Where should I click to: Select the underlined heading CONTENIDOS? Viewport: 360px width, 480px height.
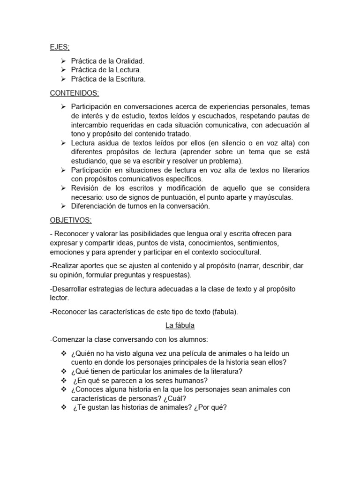click(75, 93)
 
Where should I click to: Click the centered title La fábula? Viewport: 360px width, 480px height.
click(180, 324)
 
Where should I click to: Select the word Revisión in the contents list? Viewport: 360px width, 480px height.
click(86, 188)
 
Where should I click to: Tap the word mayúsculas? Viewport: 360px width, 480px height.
click(275, 197)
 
